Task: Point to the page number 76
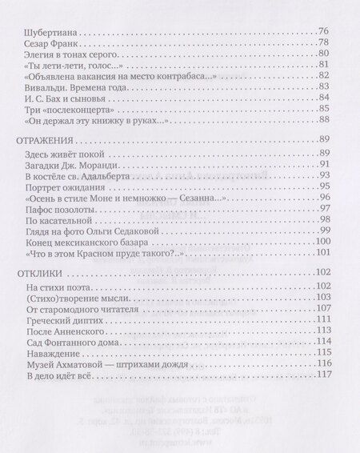[x=325, y=34]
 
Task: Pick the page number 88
[x=325, y=119]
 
